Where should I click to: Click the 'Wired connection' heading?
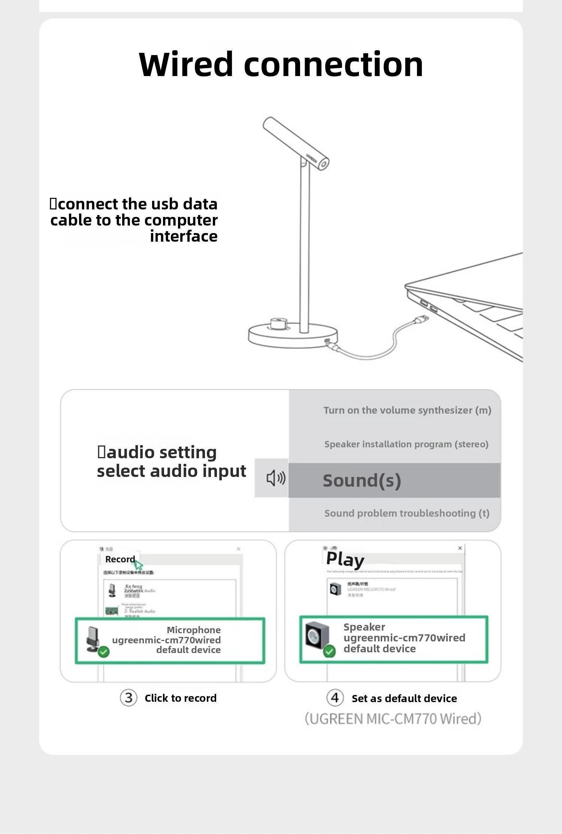tap(281, 64)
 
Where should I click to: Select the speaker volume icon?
tap(275, 478)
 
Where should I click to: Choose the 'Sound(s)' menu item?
tap(362, 480)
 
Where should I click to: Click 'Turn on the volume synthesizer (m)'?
tap(407, 410)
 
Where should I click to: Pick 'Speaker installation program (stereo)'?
tap(406, 444)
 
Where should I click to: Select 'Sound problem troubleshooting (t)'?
tap(407, 513)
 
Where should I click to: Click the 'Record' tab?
tap(120, 559)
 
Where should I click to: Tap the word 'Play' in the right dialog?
tap(345, 559)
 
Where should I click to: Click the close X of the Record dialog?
tap(239, 549)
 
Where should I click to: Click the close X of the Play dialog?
tap(460, 548)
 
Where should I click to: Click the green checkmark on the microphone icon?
tap(104, 652)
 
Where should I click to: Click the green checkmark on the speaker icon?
tap(329, 651)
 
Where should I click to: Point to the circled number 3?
tap(129, 698)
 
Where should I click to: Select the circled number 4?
tap(335, 698)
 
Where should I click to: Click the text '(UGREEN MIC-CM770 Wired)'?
tap(393, 719)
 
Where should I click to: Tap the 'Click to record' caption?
tap(181, 698)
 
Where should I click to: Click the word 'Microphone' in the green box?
tap(194, 630)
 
